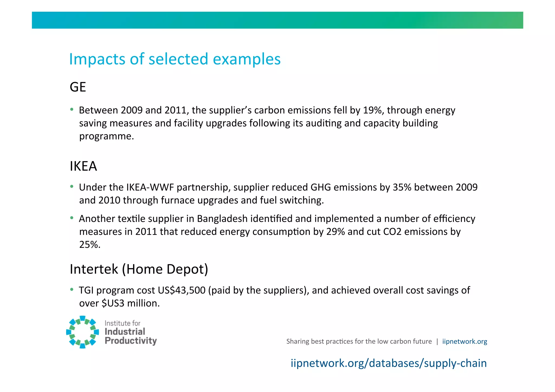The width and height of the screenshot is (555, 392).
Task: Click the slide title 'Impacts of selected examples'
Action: click(x=175, y=59)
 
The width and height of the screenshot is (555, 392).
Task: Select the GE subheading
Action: click(x=78, y=87)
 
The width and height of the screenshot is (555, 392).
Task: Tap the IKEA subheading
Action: click(x=83, y=166)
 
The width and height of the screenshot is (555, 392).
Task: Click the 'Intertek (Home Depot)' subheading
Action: click(x=139, y=269)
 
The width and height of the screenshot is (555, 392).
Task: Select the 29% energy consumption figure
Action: click(x=335, y=232)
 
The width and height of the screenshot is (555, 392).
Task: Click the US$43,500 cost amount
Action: click(x=182, y=290)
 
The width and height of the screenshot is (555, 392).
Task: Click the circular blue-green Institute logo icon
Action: click(x=82, y=332)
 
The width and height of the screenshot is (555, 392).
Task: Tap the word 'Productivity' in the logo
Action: click(x=131, y=341)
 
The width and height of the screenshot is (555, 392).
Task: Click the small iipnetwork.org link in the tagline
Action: click(x=464, y=342)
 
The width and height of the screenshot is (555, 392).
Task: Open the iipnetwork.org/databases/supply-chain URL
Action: click(x=389, y=363)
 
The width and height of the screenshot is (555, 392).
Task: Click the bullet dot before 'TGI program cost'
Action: click(x=72, y=290)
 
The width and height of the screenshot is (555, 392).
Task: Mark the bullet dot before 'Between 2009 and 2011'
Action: click(x=72, y=109)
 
